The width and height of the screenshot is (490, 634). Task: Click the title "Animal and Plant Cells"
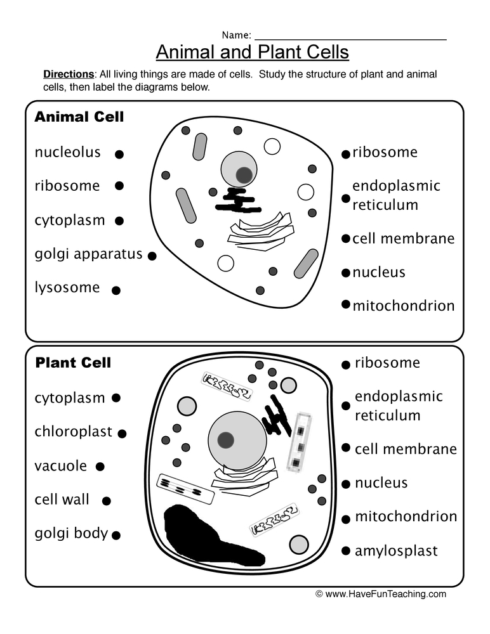coord(252,51)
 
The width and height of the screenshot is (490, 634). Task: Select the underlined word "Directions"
coord(68,74)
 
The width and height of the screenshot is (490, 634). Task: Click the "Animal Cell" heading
coord(79,117)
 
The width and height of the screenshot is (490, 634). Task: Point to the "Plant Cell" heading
coord(73,363)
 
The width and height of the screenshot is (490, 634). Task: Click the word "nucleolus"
coord(67,152)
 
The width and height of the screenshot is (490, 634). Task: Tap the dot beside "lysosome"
coord(116,290)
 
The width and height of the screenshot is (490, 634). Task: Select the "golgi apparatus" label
coord(88,254)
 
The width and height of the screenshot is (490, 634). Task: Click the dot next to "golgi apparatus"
coord(152,256)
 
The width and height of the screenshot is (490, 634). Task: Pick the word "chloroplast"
coord(73,432)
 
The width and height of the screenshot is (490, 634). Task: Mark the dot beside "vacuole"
coord(100,467)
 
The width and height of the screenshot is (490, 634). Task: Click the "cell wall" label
coord(62,500)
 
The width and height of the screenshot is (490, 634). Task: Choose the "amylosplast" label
coord(396,550)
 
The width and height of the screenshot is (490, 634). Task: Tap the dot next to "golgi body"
coord(116,535)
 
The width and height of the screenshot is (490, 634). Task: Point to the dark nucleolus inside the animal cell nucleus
coord(244,174)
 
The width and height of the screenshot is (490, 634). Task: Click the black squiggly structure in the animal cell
coord(236,200)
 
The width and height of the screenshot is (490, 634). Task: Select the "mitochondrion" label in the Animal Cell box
coord(403,306)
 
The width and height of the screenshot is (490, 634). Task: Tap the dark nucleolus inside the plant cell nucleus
coord(225,439)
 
